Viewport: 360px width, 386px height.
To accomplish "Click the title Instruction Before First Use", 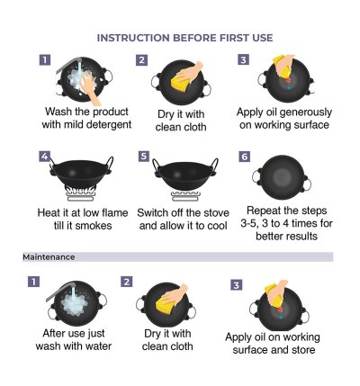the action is (x=184, y=38).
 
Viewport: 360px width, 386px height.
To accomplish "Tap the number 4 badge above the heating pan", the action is (x=44, y=157).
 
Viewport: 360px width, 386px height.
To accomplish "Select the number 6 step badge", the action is (x=245, y=157).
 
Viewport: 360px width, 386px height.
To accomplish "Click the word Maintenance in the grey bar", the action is (x=49, y=257).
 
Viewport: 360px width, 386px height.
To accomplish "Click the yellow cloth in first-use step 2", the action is (x=180, y=81).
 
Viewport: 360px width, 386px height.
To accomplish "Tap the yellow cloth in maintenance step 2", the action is (x=165, y=305).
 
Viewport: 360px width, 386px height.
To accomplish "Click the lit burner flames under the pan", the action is (x=81, y=190).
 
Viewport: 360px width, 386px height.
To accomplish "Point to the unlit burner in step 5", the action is (x=185, y=195).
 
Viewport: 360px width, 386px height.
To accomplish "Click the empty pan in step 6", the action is (x=282, y=177).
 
